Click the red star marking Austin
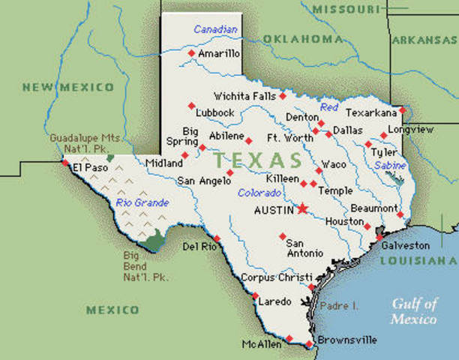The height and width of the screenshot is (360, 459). tap(303, 209)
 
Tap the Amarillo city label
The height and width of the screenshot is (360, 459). tap(220, 54)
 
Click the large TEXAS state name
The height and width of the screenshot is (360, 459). tap(257, 160)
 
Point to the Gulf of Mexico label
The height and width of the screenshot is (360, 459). tap(413, 311)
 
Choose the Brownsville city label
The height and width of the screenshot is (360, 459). tap(346, 340)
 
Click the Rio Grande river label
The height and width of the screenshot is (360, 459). tap(142, 202)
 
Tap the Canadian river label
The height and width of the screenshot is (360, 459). tap(215, 29)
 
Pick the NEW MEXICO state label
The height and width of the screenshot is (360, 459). tap(67, 88)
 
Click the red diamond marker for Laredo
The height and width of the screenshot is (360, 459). tap(254, 295)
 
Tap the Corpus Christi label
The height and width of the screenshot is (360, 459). tap(274, 277)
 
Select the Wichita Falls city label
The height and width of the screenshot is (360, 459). tap(245, 96)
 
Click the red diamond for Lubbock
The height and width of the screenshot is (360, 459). tap(191, 104)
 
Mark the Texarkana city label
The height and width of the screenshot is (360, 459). tap(371, 112)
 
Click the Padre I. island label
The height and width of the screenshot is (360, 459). tap(339, 306)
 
